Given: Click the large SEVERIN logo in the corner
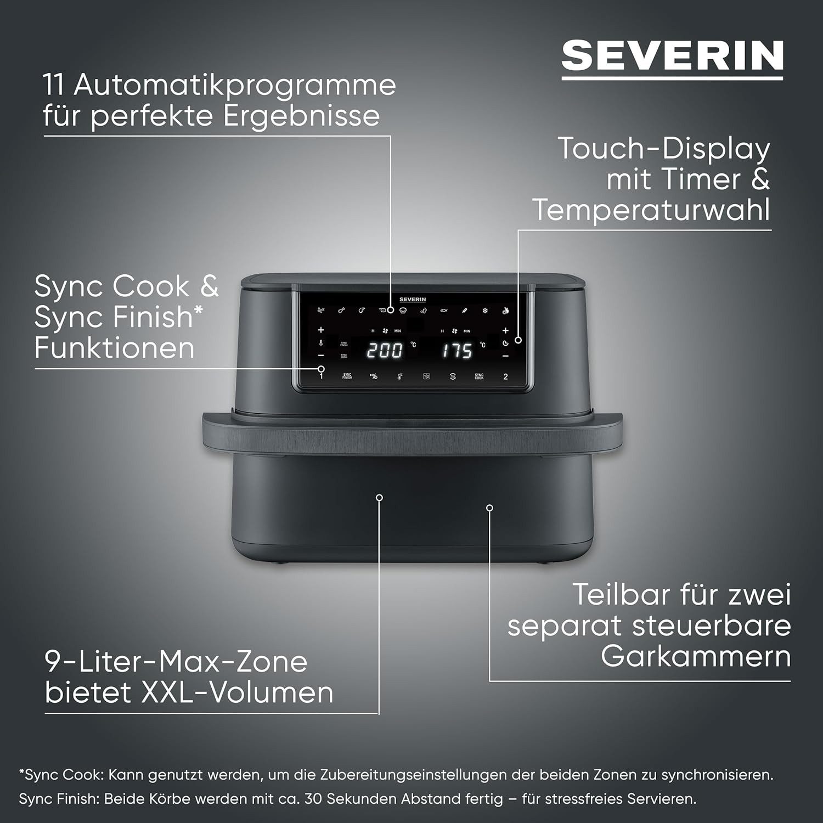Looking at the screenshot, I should [672, 55].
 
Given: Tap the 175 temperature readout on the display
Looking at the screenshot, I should [458, 350].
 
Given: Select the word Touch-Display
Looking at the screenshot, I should [664, 149].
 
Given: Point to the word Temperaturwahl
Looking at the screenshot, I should [652, 210].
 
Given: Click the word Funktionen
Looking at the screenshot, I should [114, 348].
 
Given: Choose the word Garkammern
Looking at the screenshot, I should [696, 656].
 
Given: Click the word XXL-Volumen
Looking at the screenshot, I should [238, 692].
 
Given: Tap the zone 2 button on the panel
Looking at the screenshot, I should [505, 377].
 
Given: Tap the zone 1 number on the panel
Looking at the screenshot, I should [322, 377].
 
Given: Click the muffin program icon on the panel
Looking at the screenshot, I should [403, 311].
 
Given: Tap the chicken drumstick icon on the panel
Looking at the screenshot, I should [341, 311].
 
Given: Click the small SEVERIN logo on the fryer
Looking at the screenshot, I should [413, 300].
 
